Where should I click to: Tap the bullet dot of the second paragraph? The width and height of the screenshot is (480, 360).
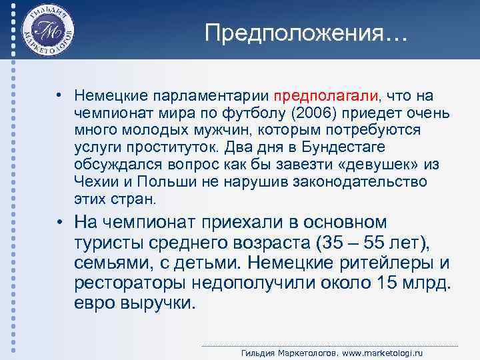tap(61, 222)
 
